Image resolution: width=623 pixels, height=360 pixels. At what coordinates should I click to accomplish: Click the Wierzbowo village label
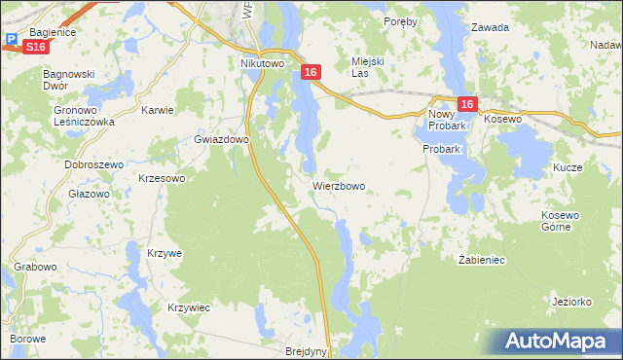[339, 185]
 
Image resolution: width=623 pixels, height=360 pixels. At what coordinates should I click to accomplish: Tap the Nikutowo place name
[261, 63]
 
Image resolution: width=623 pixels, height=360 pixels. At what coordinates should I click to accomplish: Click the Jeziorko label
[571, 302]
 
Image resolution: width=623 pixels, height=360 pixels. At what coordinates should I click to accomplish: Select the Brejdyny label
[307, 351]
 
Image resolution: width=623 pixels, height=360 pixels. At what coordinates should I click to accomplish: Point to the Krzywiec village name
[189, 307]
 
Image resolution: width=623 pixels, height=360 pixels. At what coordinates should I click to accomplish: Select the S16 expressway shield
[35, 46]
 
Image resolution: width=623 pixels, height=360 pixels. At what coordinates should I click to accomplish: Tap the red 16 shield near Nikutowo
[310, 72]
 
